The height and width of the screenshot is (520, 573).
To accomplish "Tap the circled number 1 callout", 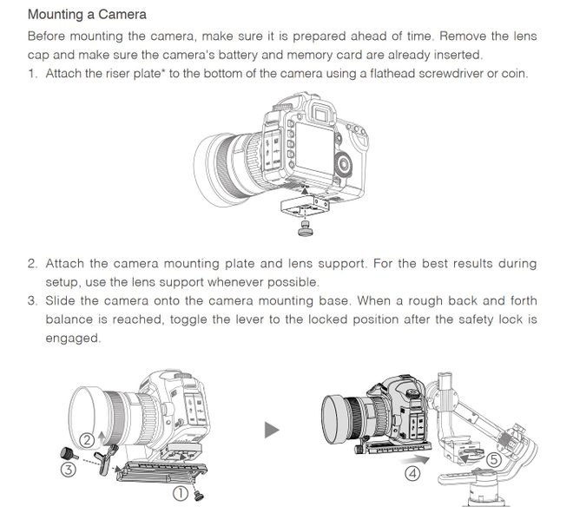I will [x=181, y=493].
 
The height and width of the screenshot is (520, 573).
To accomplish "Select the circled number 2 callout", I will [x=88, y=439].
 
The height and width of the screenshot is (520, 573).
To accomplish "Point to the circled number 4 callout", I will [x=413, y=474].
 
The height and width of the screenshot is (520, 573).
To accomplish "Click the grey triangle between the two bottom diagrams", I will [x=273, y=429].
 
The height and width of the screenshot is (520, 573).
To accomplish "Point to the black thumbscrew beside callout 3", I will [x=69, y=452].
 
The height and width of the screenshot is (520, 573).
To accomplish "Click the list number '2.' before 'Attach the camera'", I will [x=32, y=263].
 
